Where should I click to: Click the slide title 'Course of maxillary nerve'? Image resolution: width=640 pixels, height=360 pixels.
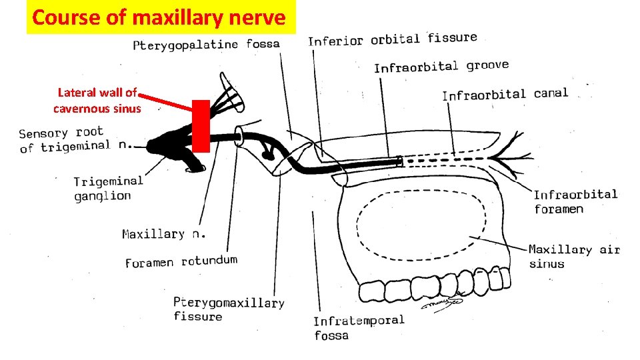(x=159, y=17)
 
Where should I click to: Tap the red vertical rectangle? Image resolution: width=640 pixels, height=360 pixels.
(x=201, y=126)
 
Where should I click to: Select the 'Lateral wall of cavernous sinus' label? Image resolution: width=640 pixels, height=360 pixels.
(x=97, y=100)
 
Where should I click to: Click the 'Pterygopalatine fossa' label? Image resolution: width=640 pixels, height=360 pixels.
(x=206, y=45)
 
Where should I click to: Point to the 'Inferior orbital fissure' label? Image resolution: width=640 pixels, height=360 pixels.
(x=392, y=39)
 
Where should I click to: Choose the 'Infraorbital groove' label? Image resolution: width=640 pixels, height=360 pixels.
(x=441, y=66)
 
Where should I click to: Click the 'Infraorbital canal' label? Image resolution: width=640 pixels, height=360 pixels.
(x=505, y=94)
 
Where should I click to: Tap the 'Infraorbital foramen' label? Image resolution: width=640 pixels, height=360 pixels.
(x=575, y=201)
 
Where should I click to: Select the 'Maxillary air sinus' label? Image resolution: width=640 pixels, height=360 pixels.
(x=574, y=256)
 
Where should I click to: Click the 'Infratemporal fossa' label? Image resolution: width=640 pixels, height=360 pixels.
(x=359, y=327)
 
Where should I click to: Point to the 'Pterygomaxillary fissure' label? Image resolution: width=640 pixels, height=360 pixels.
(x=229, y=309)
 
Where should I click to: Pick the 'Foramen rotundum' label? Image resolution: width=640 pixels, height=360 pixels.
(x=181, y=261)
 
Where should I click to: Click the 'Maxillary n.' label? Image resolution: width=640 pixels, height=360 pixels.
(x=164, y=234)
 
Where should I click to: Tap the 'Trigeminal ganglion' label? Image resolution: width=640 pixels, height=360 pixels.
(x=108, y=188)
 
